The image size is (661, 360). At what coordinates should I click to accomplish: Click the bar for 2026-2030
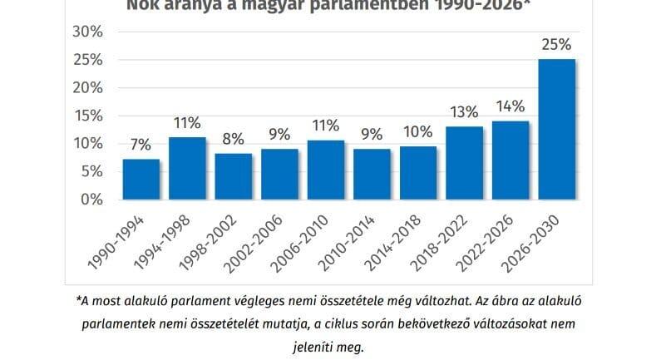coord(556,129)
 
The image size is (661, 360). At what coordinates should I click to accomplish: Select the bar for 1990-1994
coord(141,179)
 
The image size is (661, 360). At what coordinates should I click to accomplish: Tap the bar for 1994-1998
coord(187,168)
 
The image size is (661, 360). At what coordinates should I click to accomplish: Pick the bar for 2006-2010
coord(326,170)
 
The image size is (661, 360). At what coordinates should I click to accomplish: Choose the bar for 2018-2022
coord(464,163)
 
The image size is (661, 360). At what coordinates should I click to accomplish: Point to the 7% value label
coord(141,143)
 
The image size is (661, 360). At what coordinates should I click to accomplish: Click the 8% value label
coord(234,138)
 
